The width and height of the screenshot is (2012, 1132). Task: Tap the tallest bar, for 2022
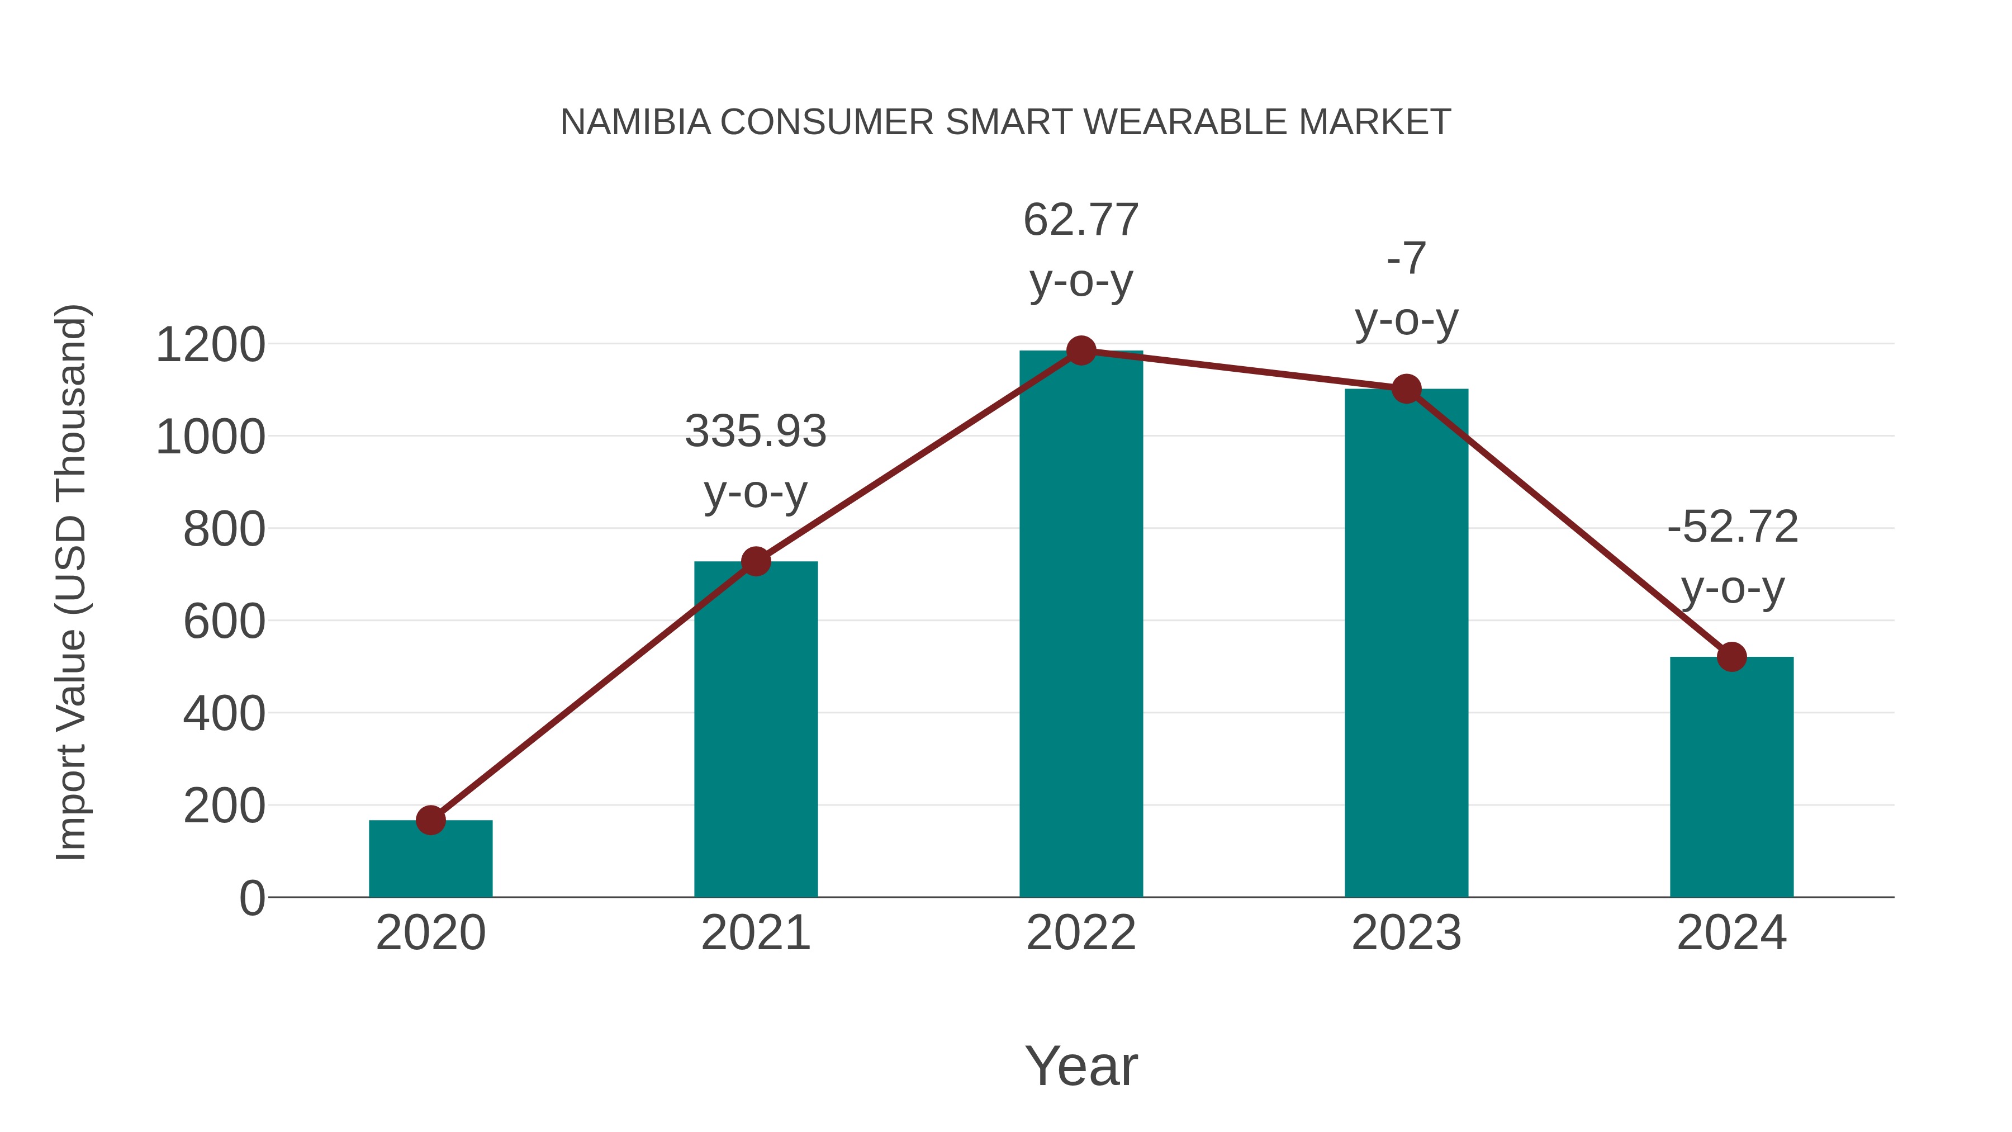[x=1081, y=625]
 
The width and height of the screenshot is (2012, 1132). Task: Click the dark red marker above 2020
[x=430, y=820]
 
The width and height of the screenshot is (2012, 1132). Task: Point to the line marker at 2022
[x=1081, y=351]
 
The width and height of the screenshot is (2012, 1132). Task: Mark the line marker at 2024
[x=1731, y=657]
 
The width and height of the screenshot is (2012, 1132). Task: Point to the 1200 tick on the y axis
[x=210, y=344]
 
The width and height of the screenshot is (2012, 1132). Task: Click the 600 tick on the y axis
[x=224, y=622]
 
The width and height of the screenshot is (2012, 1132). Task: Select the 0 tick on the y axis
[x=252, y=898]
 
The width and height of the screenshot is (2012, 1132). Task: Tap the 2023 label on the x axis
[x=1406, y=933]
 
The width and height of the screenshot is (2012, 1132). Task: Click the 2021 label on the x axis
[x=755, y=933]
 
